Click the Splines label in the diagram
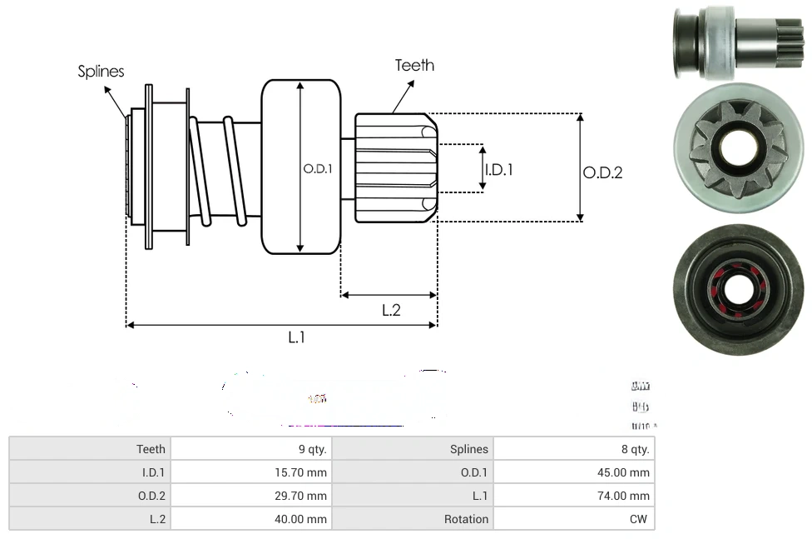point(101,72)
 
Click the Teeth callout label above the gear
point(414,65)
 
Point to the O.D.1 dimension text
point(318,168)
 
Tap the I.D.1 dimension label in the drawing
point(498,169)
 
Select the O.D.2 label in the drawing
point(602,172)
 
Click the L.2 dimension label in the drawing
point(391,310)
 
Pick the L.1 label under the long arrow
point(297,337)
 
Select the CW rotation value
point(640,519)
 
